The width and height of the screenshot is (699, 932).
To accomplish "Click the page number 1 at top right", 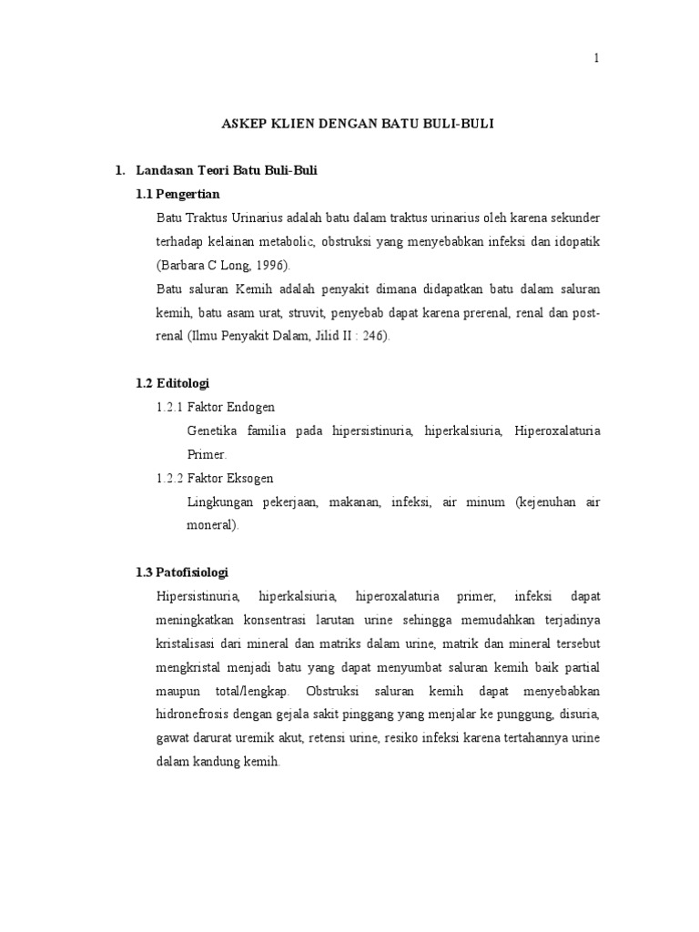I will (x=596, y=58).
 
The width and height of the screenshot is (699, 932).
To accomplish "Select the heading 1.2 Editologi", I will (x=173, y=383).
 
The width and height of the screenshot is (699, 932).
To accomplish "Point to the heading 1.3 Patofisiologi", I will (x=182, y=572).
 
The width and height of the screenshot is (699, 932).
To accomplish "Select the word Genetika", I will (x=213, y=431).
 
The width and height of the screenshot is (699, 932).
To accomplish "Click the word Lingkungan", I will (x=219, y=501).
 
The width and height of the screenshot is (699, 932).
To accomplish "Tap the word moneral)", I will (x=212, y=525).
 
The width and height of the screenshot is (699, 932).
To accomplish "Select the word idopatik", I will (x=575, y=242).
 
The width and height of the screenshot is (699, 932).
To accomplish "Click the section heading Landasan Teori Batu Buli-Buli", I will (x=226, y=171).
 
